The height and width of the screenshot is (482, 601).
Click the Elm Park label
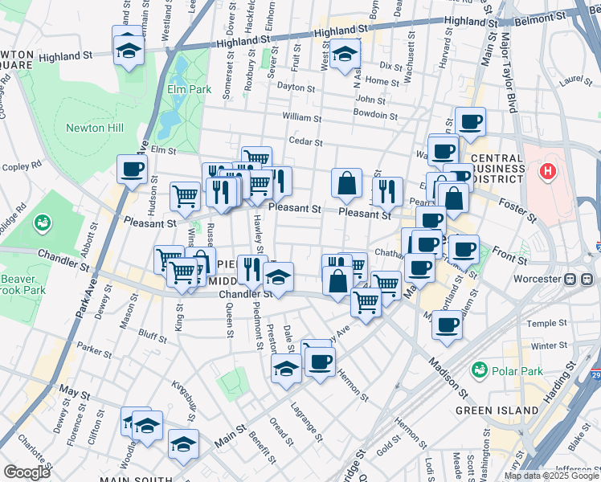pos(190,89)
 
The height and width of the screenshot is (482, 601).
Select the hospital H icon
pos(548,171)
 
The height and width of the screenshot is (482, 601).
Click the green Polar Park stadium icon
pos(480,370)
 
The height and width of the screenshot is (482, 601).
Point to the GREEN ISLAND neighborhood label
pos(497,411)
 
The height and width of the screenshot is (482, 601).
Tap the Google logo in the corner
pos(27,472)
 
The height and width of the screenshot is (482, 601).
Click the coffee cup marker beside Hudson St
pos(133,170)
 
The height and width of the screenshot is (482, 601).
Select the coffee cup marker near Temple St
pos(448,325)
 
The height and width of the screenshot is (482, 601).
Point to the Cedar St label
pos(306,142)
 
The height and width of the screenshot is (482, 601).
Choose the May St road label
pos(75,392)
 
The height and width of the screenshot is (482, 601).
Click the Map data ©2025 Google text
pos(552,476)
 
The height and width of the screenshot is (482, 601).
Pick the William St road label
pos(302,117)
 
